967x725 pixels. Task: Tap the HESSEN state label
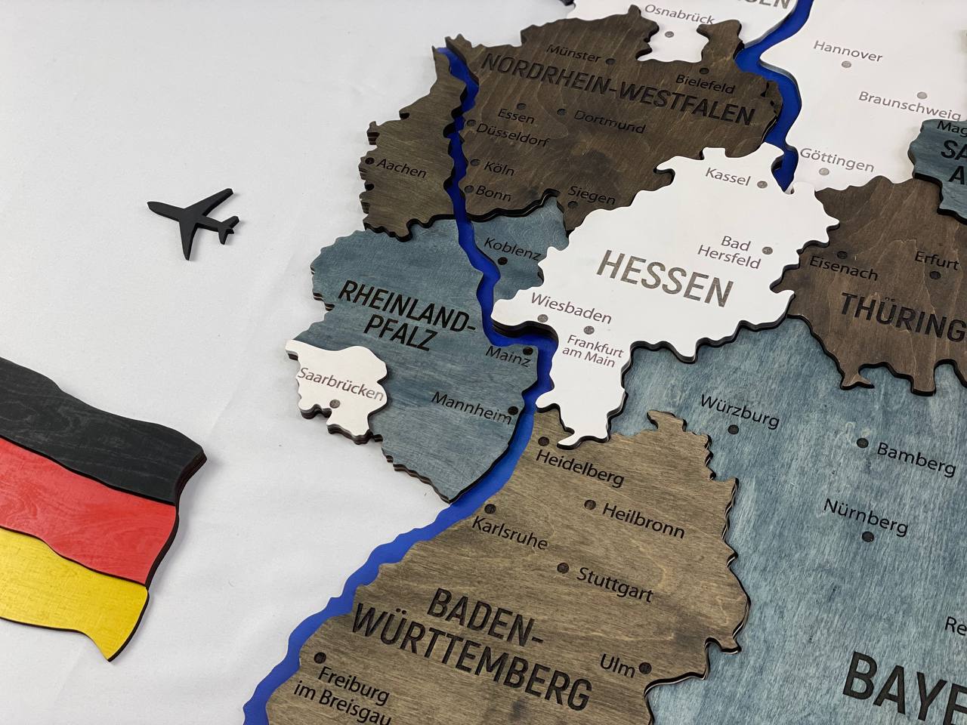pyautogui.click(x=666, y=277)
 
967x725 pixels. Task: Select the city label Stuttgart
pyautogui.click(x=614, y=584)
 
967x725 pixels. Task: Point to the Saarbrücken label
pyautogui.click(x=341, y=384)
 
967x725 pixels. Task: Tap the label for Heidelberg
pyautogui.click(x=579, y=467)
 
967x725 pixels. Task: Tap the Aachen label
pyautogui.click(x=402, y=168)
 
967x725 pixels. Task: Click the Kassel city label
pyautogui.click(x=728, y=177)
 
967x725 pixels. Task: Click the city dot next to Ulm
pyautogui.click(x=644, y=668)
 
